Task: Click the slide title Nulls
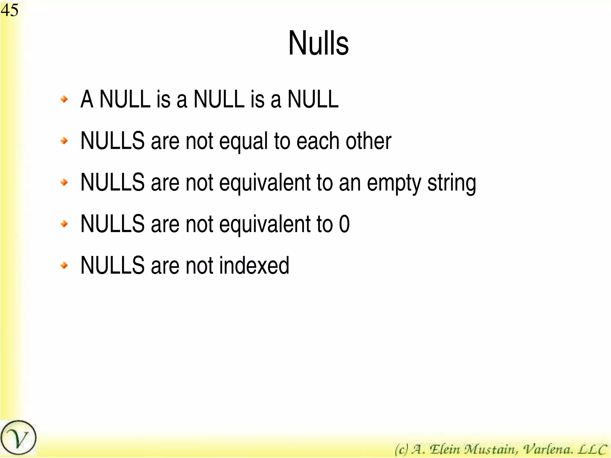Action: click(318, 44)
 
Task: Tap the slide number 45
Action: click(10, 10)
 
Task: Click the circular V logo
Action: click(18, 438)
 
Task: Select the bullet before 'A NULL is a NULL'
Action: click(64, 99)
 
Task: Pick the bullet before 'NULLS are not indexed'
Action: click(64, 265)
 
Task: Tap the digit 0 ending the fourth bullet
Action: click(344, 224)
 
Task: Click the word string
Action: click(452, 183)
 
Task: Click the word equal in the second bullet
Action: click(243, 141)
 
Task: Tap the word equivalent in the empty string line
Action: click(265, 183)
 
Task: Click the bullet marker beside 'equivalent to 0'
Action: click(64, 224)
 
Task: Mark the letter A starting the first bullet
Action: click(87, 99)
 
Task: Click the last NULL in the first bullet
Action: click(313, 99)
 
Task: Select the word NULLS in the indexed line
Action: click(112, 265)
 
